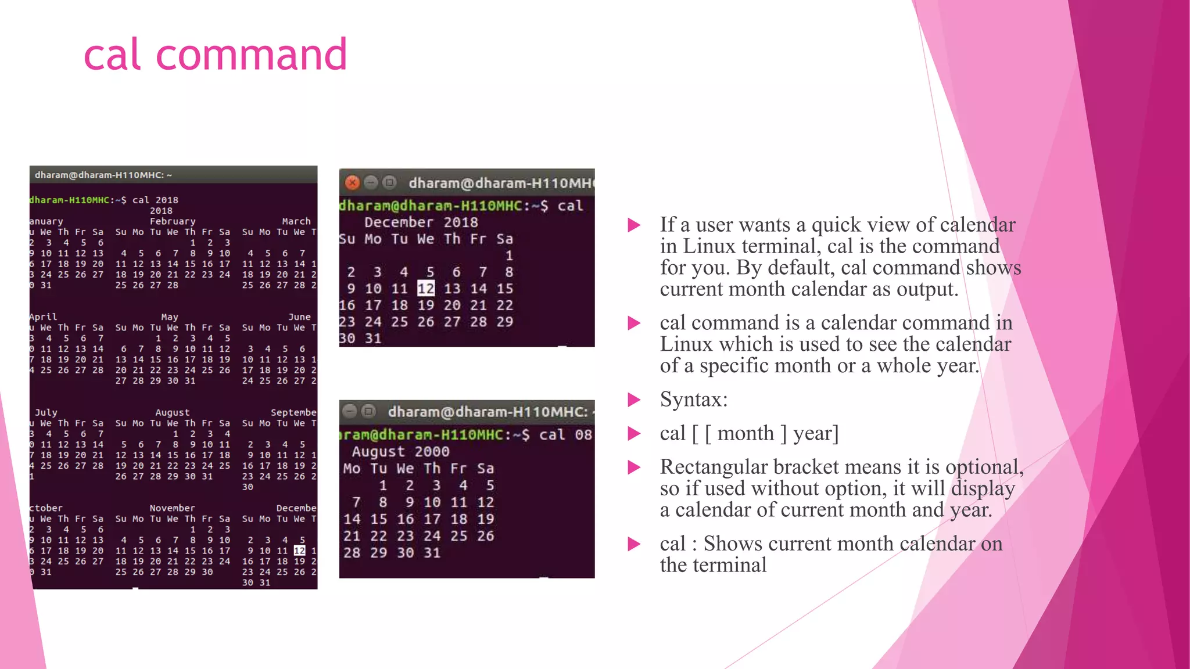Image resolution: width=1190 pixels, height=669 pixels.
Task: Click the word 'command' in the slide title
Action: [x=251, y=55]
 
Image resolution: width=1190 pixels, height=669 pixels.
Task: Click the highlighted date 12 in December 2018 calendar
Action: [x=425, y=289]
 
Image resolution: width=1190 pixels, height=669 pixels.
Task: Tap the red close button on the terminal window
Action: [x=352, y=183]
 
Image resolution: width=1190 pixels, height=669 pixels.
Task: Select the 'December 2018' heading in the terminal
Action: [x=421, y=222]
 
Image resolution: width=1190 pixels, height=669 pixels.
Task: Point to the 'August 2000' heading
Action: [x=400, y=452]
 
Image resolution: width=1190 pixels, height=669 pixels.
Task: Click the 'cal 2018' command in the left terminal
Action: [x=155, y=200]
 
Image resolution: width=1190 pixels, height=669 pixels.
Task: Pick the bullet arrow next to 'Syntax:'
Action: [x=634, y=400]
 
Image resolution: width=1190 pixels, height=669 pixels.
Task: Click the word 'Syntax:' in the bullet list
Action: [x=694, y=400]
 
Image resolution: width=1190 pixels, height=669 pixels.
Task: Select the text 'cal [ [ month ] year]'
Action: [x=749, y=433]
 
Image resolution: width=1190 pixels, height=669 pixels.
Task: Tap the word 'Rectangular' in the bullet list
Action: [x=716, y=467]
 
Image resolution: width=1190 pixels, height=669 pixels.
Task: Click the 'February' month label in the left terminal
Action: [x=173, y=221]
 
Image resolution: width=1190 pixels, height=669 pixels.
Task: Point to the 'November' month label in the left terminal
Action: [x=172, y=508]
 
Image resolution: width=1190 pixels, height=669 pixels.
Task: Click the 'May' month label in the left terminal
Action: [x=170, y=317]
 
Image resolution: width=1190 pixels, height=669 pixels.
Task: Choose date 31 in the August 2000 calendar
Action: [x=432, y=553]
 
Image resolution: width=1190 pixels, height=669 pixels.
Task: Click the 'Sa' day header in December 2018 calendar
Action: [x=504, y=239]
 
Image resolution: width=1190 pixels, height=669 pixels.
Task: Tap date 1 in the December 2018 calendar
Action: [x=509, y=256]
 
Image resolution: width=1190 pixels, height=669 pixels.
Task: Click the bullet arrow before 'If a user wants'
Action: [x=634, y=225]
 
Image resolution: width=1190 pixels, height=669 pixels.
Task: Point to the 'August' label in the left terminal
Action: [x=172, y=412]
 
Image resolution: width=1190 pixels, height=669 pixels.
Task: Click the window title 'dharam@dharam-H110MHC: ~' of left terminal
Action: [x=103, y=175]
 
